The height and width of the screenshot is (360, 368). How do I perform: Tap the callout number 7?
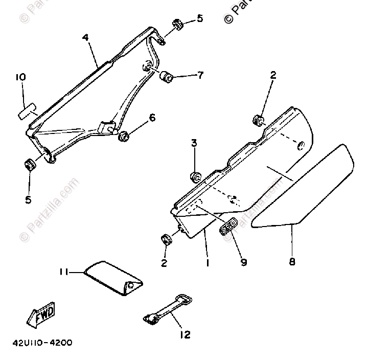point(200,75)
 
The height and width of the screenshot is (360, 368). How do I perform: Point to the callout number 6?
point(152,118)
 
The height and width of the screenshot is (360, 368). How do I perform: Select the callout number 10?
point(20,77)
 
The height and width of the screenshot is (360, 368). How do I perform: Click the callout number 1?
point(208,263)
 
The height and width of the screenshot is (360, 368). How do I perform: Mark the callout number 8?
point(292,262)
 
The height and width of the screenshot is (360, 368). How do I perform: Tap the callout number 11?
point(63,273)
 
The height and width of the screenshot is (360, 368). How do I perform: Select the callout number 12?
point(185,335)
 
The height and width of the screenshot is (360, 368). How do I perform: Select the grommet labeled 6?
point(123,137)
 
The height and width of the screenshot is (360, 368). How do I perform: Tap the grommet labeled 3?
point(195,177)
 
